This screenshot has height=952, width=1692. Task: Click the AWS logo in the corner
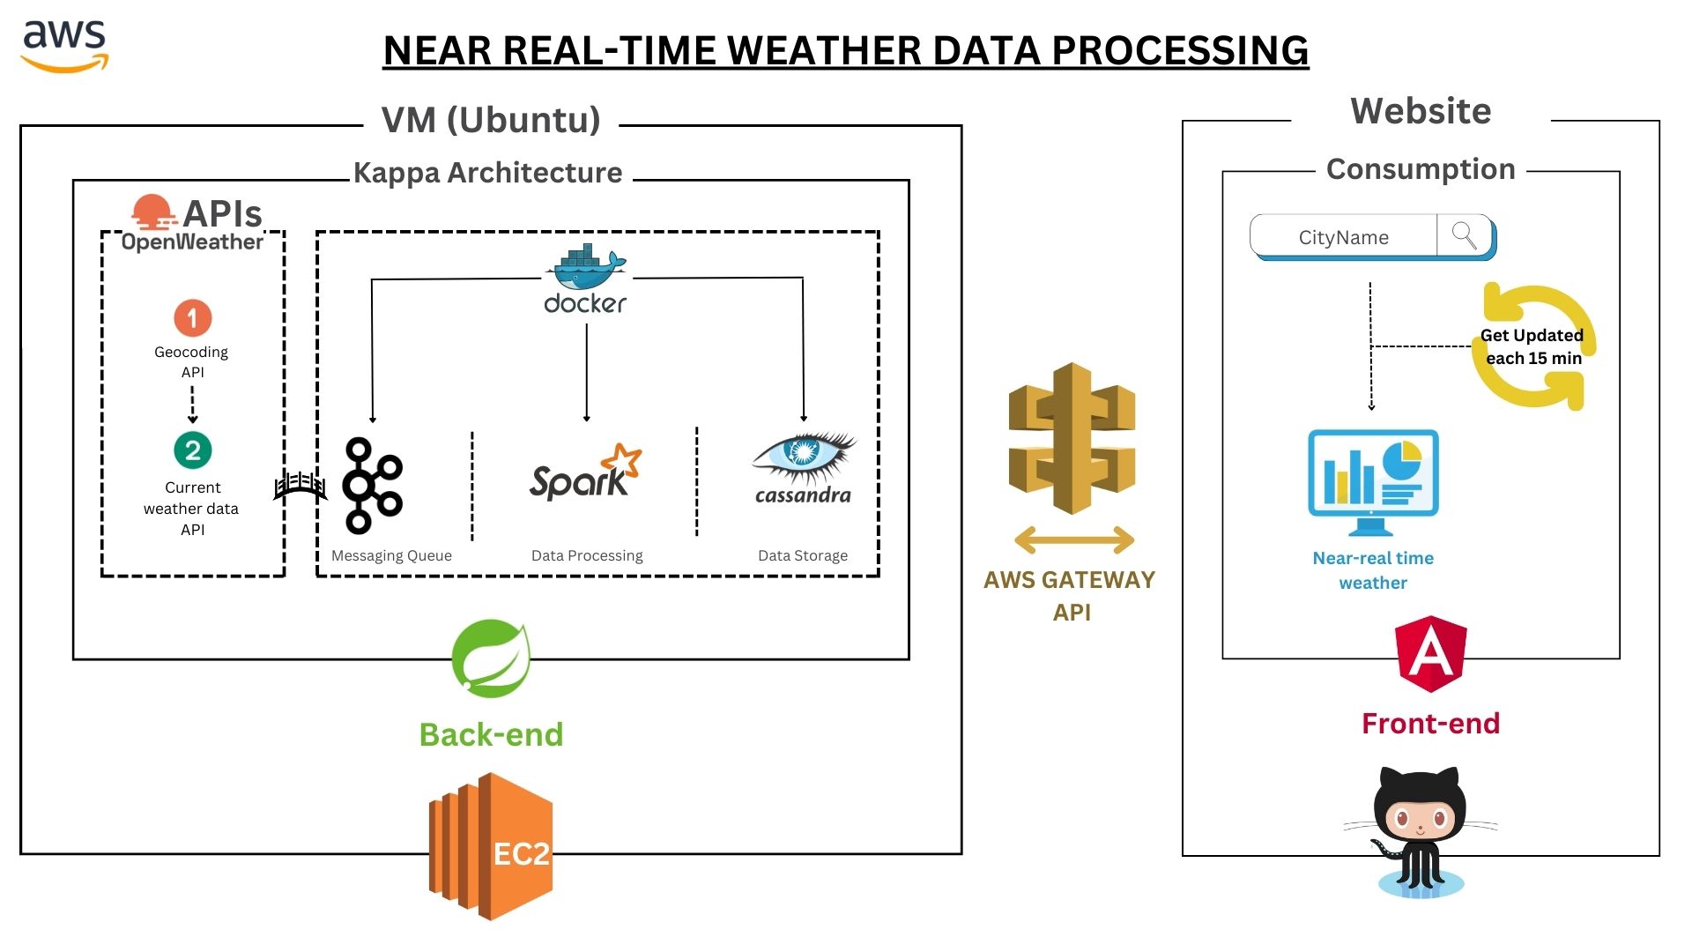(x=64, y=46)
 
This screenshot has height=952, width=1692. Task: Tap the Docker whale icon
(x=585, y=270)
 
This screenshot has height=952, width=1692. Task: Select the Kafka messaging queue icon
(x=372, y=485)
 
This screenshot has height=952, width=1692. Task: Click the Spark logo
(x=584, y=474)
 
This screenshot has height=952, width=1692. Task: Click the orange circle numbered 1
(x=192, y=318)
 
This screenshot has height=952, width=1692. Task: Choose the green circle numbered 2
(x=192, y=450)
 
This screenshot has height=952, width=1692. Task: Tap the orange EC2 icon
(x=491, y=847)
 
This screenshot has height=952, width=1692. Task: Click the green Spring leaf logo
(x=491, y=658)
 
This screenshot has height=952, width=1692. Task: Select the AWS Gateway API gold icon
(x=1072, y=438)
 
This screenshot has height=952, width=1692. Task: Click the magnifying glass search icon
(x=1464, y=236)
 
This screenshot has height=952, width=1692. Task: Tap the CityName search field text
(x=1343, y=238)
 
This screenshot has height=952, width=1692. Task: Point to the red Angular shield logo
(x=1431, y=653)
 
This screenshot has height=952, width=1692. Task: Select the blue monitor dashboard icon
(x=1373, y=481)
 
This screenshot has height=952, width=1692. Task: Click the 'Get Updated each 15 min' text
(x=1532, y=346)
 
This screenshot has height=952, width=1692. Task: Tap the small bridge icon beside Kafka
(x=300, y=486)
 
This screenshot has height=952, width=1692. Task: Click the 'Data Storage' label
(x=802, y=555)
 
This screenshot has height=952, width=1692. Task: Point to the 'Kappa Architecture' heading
(x=487, y=173)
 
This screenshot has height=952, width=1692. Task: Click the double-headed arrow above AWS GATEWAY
(x=1073, y=539)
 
